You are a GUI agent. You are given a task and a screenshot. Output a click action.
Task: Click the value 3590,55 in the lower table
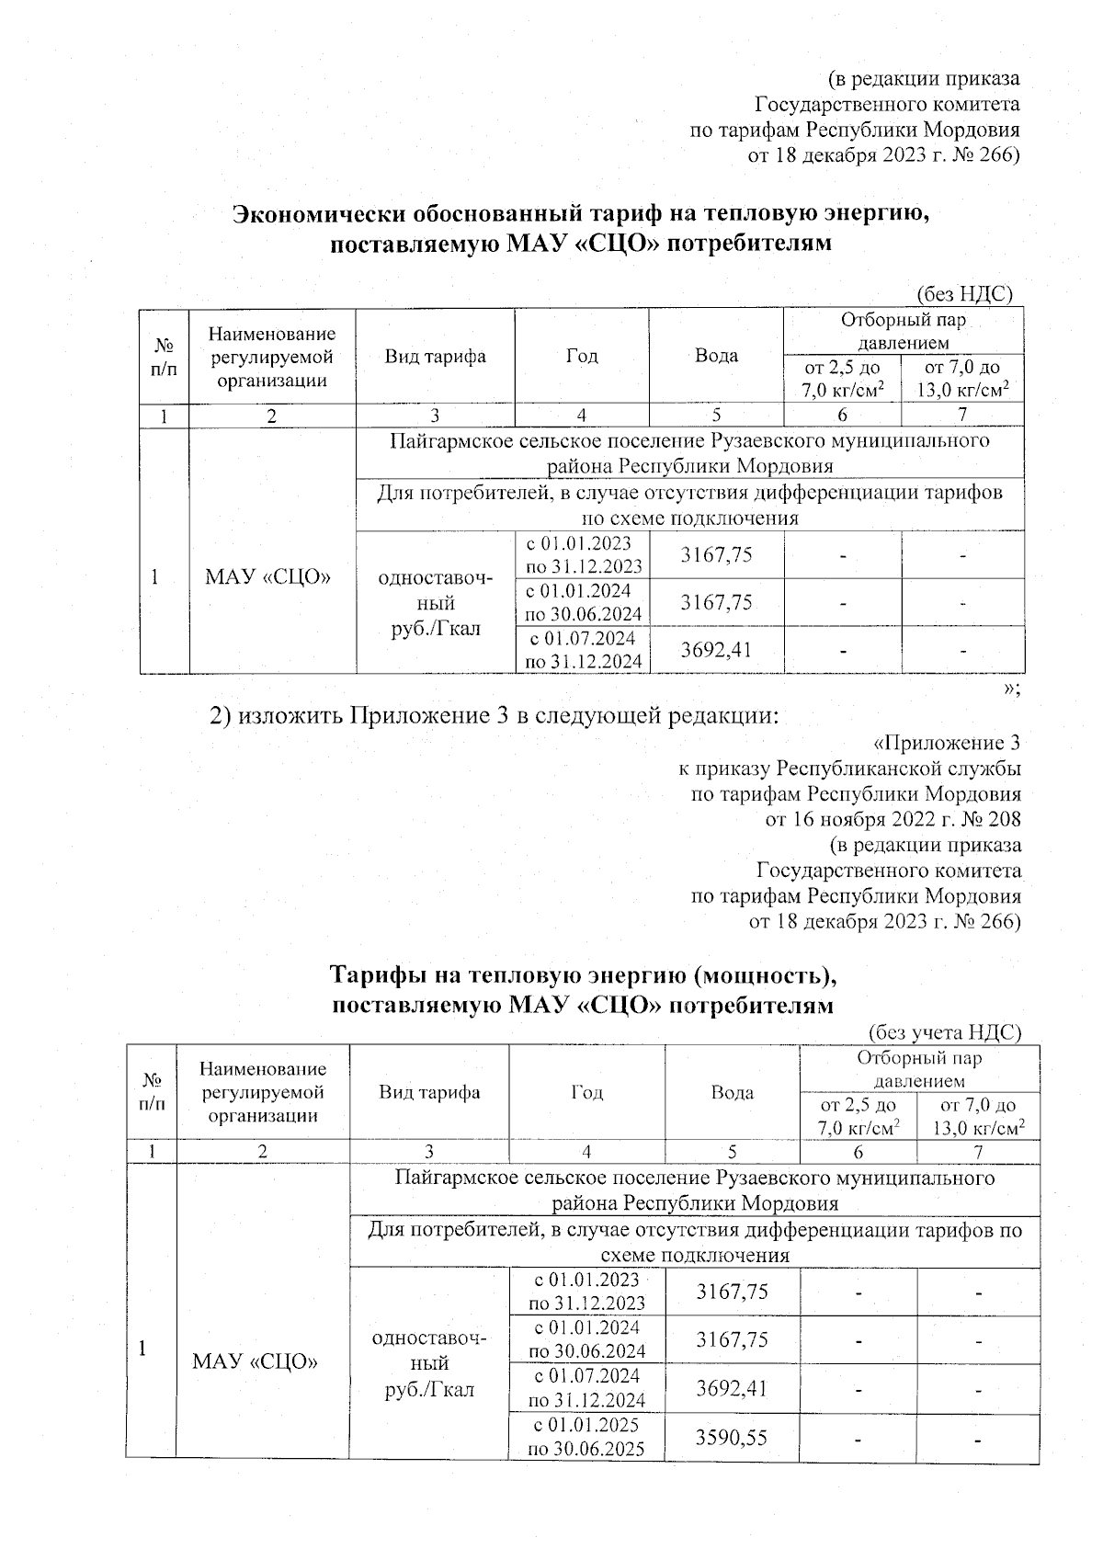[x=732, y=1436]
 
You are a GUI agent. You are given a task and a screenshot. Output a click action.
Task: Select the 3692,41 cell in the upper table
[x=716, y=650]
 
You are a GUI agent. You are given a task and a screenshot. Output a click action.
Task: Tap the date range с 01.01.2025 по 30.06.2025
[x=587, y=1436]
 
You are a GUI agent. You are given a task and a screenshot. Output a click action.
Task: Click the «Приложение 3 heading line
[x=946, y=742]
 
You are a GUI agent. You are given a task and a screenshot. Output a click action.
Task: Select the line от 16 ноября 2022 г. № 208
[x=893, y=818]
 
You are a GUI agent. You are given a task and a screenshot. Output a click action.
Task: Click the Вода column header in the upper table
[x=716, y=356]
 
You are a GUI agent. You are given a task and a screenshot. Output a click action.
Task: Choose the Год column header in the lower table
[x=586, y=1092]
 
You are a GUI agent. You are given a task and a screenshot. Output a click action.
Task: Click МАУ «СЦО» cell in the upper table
[x=267, y=576]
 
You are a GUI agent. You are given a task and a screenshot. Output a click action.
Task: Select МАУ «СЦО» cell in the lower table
[x=256, y=1361]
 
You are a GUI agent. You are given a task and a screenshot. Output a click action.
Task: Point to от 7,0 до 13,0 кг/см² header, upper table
[x=961, y=379]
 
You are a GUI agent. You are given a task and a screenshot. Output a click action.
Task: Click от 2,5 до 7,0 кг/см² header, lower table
[x=858, y=1115]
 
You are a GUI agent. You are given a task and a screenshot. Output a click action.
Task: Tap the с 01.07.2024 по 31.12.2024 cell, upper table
[x=583, y=650]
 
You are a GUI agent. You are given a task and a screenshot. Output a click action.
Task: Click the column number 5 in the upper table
[x=716, y=415]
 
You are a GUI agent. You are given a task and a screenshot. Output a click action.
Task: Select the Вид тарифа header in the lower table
[x=429, y=1092]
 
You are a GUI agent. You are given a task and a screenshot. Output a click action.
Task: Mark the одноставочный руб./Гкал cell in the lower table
[x=429, y=1363]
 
